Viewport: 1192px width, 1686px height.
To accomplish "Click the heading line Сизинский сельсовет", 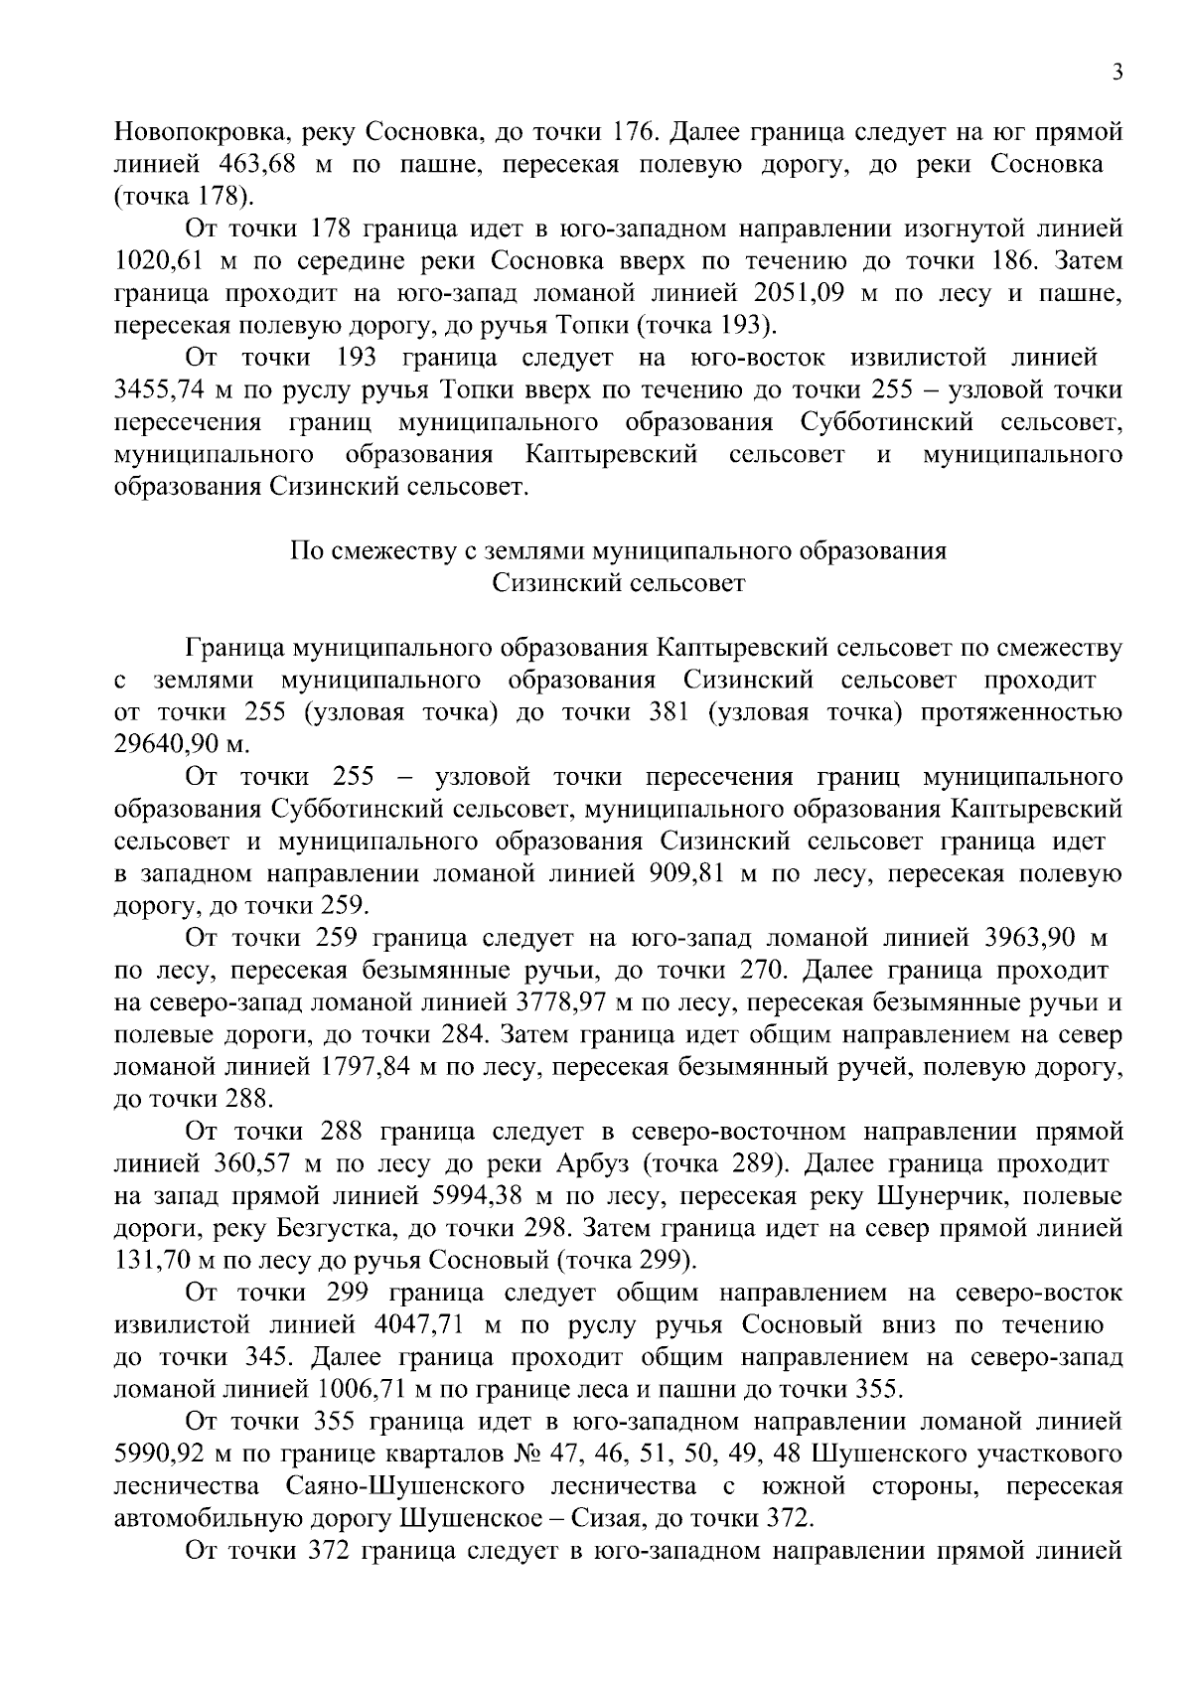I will pos(618,583).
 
